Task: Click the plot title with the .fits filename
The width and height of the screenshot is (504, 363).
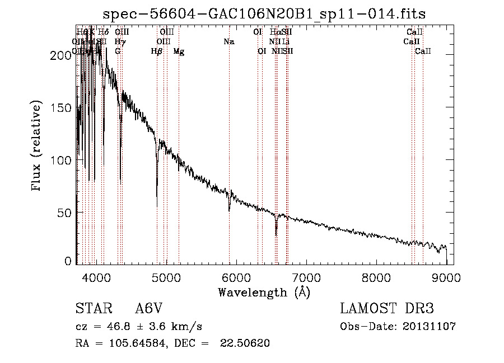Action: tap(268, 13)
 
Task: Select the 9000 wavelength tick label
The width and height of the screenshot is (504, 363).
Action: tap(447, 277)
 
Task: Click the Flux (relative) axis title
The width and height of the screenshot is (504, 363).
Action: tap(38, 147)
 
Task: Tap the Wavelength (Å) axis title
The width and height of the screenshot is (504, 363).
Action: tap(264, 292)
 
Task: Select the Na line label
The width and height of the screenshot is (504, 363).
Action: tap(228, 42)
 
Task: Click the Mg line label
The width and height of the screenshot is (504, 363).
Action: tap(179, 51)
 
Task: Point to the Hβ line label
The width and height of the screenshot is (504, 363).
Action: tap(157, 51)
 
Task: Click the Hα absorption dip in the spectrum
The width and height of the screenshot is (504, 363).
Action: tap(276, 233)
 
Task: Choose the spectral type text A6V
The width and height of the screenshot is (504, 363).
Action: tap(151, 309)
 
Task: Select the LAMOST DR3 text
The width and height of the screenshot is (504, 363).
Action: tap(386, 309)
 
